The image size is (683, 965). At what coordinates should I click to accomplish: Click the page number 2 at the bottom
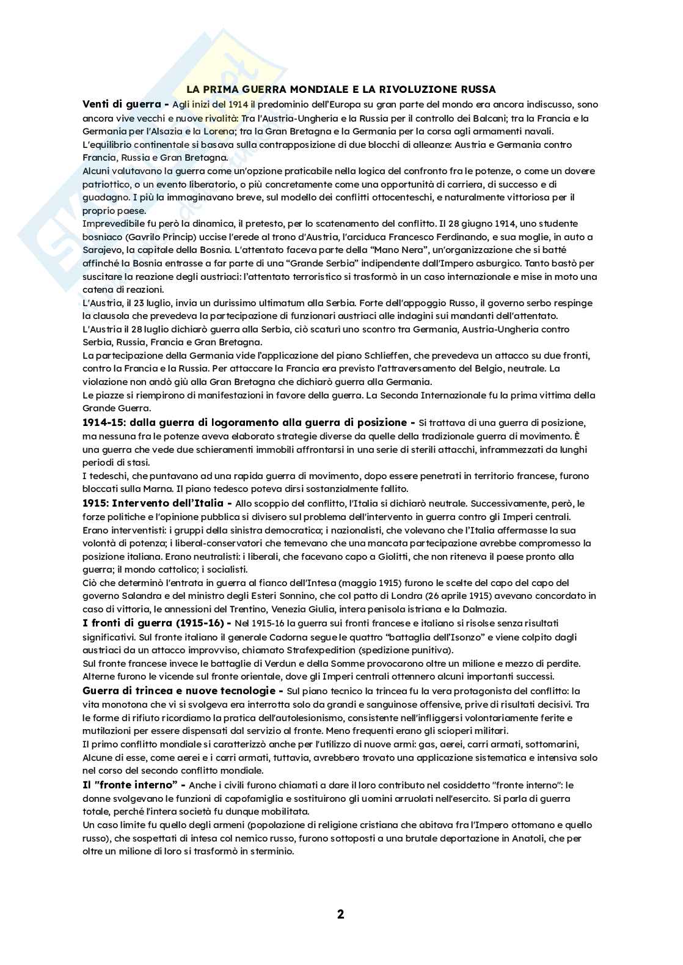pos(340,914)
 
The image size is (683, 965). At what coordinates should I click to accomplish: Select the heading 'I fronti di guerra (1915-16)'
pos(153,623)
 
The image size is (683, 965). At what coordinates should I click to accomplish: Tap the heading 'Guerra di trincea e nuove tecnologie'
pos(178,691)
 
